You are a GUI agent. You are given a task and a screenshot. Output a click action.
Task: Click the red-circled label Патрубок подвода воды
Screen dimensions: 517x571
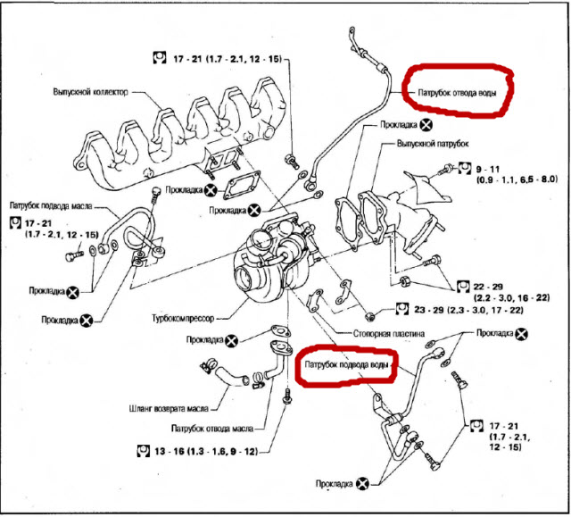click(345, 365)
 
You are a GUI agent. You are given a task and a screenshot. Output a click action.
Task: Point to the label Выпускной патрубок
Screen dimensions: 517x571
click(433, 143)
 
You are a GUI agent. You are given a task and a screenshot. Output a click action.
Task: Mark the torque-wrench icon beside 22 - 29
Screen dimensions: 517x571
click(462, 286)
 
